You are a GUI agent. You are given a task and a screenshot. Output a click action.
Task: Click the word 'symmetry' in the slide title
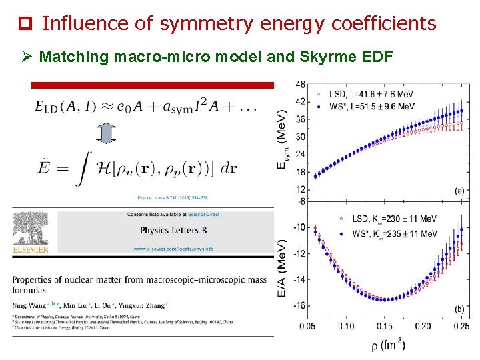[x=206, y=25]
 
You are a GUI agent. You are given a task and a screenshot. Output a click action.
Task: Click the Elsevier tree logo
[x=29, y=231]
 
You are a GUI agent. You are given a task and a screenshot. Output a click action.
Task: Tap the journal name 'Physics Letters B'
[x=169, y=231]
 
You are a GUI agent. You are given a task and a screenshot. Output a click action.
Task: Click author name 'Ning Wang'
[x=29, y=305]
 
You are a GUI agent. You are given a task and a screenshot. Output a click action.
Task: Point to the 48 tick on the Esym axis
[x=301, y=85]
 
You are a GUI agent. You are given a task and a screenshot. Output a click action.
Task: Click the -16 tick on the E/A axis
[x=299, y=305]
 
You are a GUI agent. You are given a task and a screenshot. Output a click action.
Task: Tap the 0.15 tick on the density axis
[x=384, y=326]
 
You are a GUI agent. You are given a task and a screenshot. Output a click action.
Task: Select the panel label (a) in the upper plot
[x=459, y=191]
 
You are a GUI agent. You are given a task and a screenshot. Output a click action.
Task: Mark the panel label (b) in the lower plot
[x=459, y=309]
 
